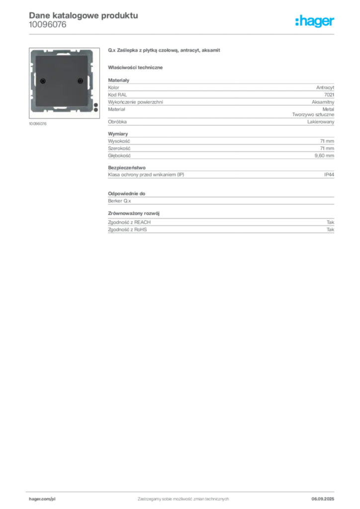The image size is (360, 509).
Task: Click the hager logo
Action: (314, 21)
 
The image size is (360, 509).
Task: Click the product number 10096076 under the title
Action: (47, 25)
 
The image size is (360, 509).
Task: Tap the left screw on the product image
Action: (43, 81)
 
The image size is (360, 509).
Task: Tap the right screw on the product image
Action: (80, 81)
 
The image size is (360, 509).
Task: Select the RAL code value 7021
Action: (329, 95)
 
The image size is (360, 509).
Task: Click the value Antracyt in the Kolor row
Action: (325, 87)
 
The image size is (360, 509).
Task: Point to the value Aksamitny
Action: (323, 102)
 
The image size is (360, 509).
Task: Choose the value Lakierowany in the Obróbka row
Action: (320, 122)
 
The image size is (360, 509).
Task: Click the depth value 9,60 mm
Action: (324, 156)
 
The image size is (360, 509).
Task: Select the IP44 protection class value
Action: (329, 174)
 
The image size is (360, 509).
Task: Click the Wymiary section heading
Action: (118, 134)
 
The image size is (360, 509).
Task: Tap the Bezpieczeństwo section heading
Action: (127, 168)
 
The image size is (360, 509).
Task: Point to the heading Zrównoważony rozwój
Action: (134, 213)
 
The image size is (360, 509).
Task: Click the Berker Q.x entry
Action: (119, 201)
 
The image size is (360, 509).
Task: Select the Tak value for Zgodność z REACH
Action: (330, 222)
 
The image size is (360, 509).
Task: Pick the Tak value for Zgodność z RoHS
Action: (330, 230)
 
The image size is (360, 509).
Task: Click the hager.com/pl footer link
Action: (42, 499)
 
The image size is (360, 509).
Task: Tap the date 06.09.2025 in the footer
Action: (323, 499)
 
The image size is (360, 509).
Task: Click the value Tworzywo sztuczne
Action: (313, 115)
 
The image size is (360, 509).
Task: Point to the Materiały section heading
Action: (118, 80)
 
